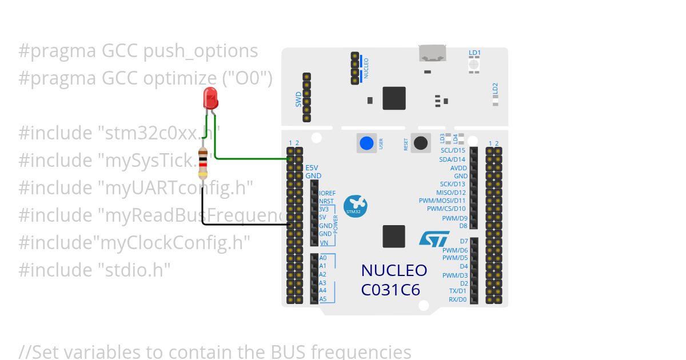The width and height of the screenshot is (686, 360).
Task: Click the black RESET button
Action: tap(421, 143)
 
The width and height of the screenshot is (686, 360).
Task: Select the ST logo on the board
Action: tap(434, 239)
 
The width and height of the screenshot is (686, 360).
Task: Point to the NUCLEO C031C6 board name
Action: tap(394, 280)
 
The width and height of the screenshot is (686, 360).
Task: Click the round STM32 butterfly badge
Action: tap(355, 206)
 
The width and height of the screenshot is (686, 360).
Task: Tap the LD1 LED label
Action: tap(474, 53)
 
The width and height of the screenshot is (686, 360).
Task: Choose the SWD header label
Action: tap(298, 101)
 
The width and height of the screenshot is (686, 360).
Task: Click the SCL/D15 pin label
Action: tap(453, 150)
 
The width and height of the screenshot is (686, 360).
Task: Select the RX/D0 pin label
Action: tap(457, 299)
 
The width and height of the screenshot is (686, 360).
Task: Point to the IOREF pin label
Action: tap(328, 193)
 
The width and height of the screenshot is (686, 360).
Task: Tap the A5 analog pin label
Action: tap(323, 299)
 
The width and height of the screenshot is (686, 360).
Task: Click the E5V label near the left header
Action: tap(312, 168)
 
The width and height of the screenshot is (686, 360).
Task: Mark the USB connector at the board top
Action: tap(433, 53)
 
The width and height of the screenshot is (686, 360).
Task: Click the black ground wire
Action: tap(240, 225)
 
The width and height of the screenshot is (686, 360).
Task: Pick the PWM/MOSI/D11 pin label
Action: tap(442, 201)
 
